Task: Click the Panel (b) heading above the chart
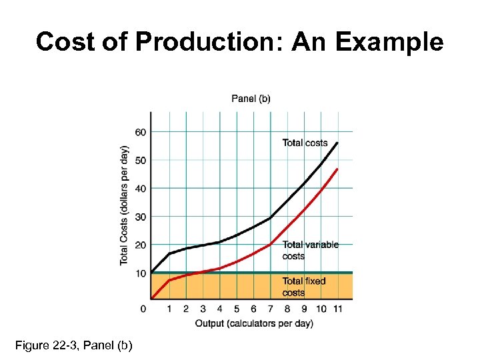[251, 99]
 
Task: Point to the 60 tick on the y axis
[140, 132]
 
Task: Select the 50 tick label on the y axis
[140, 160]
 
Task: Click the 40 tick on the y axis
[140, 189]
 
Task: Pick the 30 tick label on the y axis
[140, 217]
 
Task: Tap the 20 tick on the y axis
[140, 245]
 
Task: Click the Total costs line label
[305, 143]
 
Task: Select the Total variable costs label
[310, 250]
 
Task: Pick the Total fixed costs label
[304, 287]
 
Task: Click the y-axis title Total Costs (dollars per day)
[125, 205]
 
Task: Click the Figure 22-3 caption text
[73, 345]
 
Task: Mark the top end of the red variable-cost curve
[337, 169]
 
